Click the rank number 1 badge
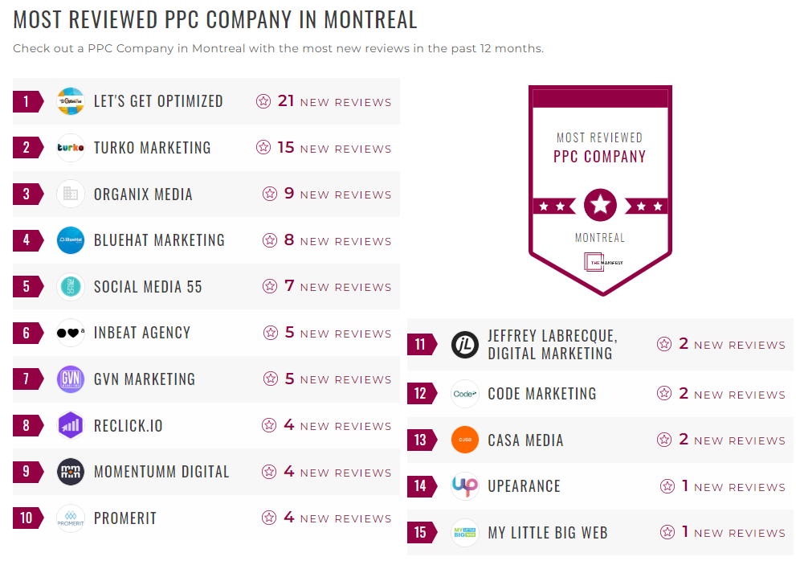click(27, 101)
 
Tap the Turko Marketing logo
click(71, 148)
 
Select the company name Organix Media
click(143, 195)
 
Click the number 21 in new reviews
click(286, 101)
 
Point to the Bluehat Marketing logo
click(71, 240)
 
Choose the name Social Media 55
click(148, 287)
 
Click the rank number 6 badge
click(27, 333)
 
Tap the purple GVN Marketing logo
click(71, 379)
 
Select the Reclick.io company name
click(129, 426)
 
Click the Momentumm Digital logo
click(71, 472)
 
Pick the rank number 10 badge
click(27, 518)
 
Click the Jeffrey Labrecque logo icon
click(465, 345)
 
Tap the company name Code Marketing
click(542, 394)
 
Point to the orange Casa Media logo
click(465, 440)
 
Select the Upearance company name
click(524, 486)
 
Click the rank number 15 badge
click(421, 532)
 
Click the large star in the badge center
click(600, 206)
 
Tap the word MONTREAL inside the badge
click(600, 238)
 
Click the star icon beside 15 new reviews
click(263, 148)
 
